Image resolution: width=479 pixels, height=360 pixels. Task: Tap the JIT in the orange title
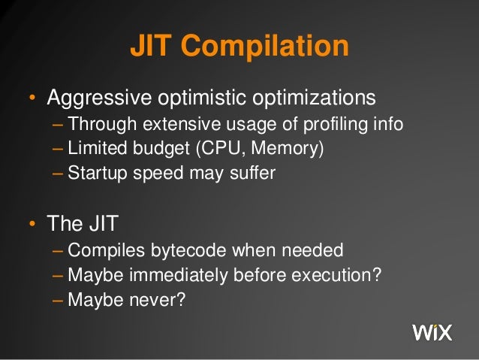(x=152, y=47)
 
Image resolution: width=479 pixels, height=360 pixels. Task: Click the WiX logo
(x=432, y=331)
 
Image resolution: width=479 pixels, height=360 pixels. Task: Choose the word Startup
(x=93, y=173)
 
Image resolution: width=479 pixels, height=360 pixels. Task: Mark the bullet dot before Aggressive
(x=32, y=99)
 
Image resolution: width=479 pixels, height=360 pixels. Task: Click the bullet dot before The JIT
(x=32, y=225)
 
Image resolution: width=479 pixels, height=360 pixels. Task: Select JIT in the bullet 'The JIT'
(x=102, y=224)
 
